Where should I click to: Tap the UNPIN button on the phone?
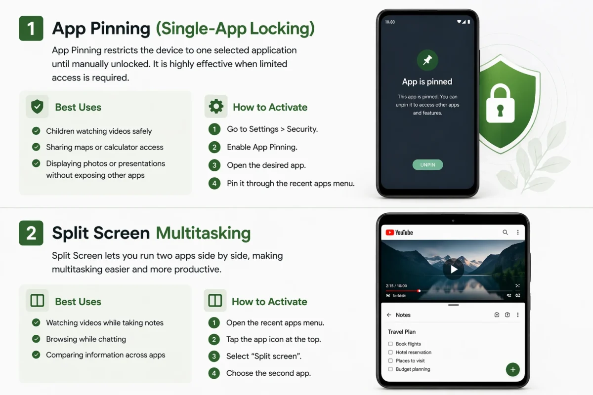427,165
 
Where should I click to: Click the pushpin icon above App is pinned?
427,60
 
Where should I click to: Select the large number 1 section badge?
31,28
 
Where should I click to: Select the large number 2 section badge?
31,233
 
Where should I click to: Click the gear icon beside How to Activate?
216,107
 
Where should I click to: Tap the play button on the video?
453,269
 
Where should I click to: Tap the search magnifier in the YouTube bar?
505,232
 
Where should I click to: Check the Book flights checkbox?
390,344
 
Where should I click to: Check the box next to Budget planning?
390,369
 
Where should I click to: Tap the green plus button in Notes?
512,369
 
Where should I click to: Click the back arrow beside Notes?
389,315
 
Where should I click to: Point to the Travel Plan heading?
402,332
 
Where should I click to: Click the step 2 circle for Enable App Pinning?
214,147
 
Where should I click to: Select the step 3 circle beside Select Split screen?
214,356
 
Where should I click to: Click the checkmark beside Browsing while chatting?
36,339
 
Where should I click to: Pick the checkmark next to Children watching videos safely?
36,131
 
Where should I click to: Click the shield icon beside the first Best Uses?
37,107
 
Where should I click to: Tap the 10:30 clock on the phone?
389,22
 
